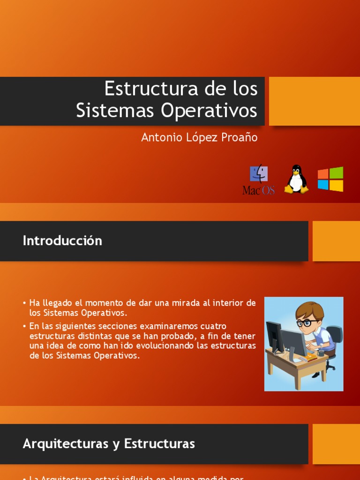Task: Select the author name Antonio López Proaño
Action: (x=199, y=137)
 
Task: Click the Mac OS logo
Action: (x=258, y=180)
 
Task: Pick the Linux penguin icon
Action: (x=296, y=179)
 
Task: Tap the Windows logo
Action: (x=330, y=179)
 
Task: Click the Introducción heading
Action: (x=62, y=241)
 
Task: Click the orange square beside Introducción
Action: (x=336, y=241)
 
